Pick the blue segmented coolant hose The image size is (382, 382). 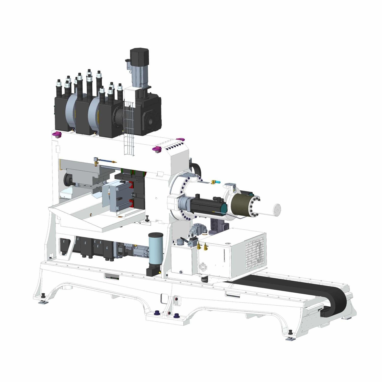[x=106, y=161]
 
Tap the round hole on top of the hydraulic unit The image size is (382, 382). [x=228, y=244]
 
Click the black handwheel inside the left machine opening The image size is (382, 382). [x=69, y=180]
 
